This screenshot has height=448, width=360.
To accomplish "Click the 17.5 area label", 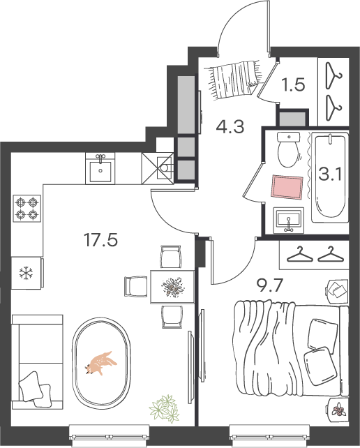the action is [100, 240].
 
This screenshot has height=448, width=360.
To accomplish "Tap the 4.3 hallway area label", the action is [230, 127].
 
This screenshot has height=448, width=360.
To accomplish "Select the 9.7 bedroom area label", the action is [270, 285].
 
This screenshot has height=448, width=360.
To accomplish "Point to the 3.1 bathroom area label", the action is [330, 174].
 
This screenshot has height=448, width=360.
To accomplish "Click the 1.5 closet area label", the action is [293, 85].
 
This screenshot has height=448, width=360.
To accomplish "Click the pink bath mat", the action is [287, 187].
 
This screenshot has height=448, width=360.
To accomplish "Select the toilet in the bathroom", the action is [289, 149].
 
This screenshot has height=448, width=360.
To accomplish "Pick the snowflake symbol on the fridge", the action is [26, 273].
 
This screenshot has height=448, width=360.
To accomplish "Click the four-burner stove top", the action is [27, 209].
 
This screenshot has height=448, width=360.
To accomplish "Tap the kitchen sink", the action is [100, 168].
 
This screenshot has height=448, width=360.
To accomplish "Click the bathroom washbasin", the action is [289, 221].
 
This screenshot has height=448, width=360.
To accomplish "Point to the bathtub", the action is [330, 177].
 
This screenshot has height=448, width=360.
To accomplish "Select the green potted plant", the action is [165, 408].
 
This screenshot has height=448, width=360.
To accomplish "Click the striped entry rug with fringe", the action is [235, 80].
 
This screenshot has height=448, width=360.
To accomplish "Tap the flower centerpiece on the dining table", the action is [173, 287].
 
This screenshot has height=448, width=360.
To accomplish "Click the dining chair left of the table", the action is [136, 286].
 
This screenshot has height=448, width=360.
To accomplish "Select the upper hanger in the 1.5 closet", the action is [333, 75].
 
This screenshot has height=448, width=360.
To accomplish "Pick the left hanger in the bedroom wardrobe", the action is [300, 254].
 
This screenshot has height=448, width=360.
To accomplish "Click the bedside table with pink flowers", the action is [338, 410].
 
